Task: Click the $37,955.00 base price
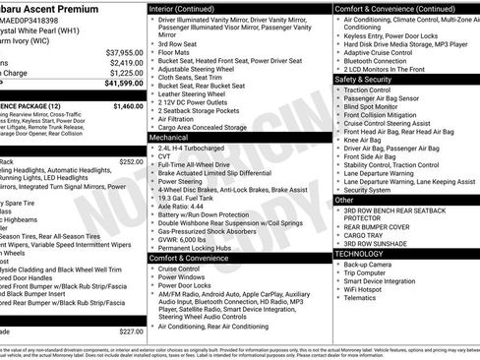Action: pos(124,51)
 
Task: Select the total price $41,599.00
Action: pos(124,84)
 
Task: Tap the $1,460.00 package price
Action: pos(128,105)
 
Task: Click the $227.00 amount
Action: pos(131,331)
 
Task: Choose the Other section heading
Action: pos(344,200)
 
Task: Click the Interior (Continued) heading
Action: pos(191,9)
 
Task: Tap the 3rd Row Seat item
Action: pos(178,42)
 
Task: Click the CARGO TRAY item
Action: pos(363,234)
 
